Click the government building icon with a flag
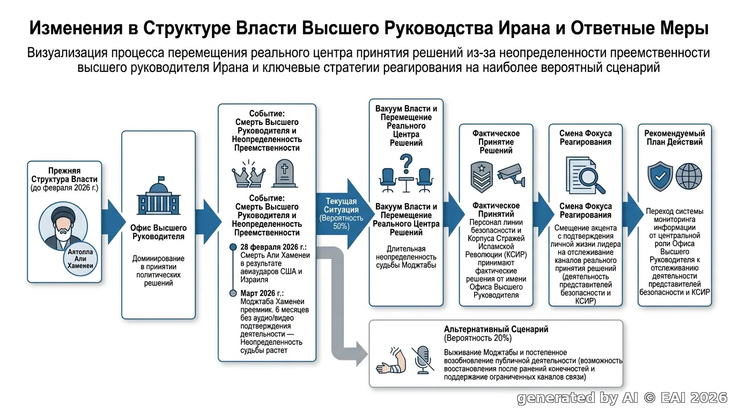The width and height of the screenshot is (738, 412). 158,195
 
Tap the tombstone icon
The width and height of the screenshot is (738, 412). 285,173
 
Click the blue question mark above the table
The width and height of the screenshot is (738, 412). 406,164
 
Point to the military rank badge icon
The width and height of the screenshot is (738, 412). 482,177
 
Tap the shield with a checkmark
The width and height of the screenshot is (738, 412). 660,176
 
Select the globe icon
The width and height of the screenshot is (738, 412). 689,176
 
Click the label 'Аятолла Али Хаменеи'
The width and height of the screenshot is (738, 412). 80,259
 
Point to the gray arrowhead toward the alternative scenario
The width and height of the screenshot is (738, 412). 361,354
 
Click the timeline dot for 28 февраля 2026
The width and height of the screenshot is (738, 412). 233,247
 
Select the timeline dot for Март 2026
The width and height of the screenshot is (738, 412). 233,293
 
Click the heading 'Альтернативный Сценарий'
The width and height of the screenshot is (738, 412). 496,329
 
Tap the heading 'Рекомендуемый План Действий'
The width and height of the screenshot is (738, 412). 674,137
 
